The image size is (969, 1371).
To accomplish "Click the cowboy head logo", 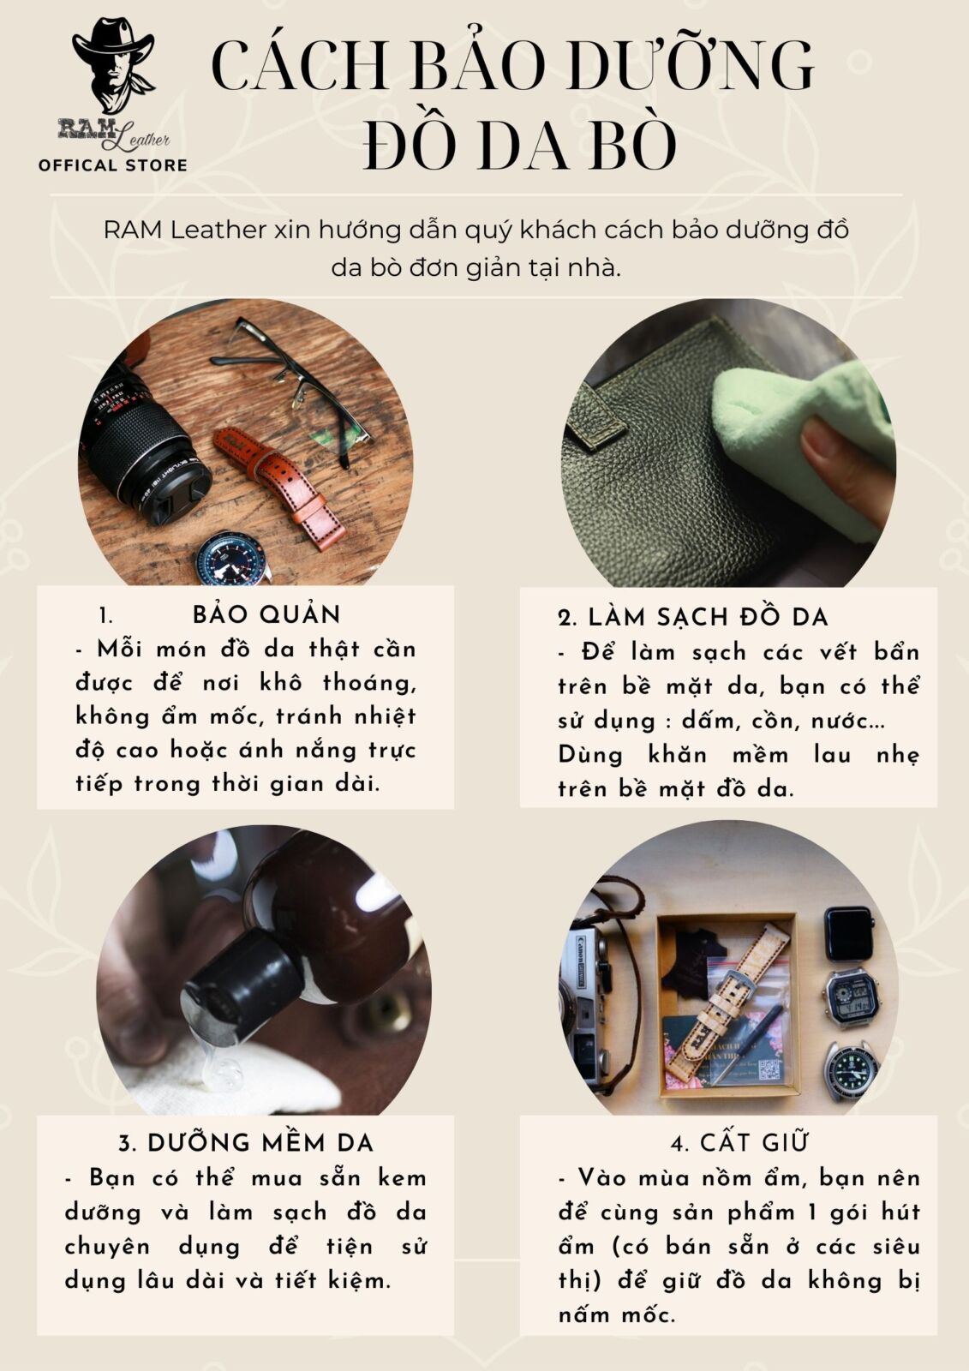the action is pos(112,64).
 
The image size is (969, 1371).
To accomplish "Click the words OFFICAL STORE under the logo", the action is pos(112,165).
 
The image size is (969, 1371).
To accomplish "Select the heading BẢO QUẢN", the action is pos(266,614).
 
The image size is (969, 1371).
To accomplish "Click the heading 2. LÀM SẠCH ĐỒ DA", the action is pos(693,618).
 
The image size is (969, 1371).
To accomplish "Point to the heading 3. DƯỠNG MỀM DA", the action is pos(246,1143).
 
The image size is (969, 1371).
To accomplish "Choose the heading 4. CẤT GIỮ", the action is pos(739,1142).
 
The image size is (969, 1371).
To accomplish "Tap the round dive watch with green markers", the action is pos(850,1071).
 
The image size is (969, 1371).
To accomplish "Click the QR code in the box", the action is pos(770,1070).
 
